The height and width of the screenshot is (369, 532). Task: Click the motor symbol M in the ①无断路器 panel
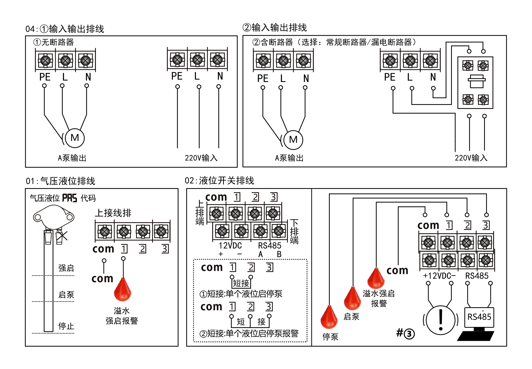click(75, 138)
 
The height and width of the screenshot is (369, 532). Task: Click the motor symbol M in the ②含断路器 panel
click(293, 140)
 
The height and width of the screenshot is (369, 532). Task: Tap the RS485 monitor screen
click(479, 317)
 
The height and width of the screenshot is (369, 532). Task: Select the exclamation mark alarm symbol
click(441, 320)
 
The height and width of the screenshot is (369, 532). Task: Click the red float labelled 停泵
click(329, 317)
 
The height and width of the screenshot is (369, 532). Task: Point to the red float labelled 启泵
click(352, 299)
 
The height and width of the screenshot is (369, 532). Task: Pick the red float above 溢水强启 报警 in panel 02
click(376, 279)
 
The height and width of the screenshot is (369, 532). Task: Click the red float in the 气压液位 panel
click(122, 290)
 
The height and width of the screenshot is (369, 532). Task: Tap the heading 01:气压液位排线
click(60, 181)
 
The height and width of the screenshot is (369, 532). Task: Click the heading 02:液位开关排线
click(219, 181)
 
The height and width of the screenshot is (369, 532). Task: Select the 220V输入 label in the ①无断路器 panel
click(201, 158)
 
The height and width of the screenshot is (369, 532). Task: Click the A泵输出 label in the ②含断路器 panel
click(289, 158)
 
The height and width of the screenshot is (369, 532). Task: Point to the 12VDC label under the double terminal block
click(230, 246)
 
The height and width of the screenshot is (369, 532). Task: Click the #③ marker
click(405, 333)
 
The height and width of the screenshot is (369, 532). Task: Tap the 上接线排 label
click(113, 213)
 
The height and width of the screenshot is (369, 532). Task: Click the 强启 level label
click(66, 268)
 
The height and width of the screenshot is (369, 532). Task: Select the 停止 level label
click(66, 326)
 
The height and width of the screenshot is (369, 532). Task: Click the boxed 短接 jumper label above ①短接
click(241, 283)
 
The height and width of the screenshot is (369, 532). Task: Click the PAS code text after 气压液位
click(70, 198)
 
